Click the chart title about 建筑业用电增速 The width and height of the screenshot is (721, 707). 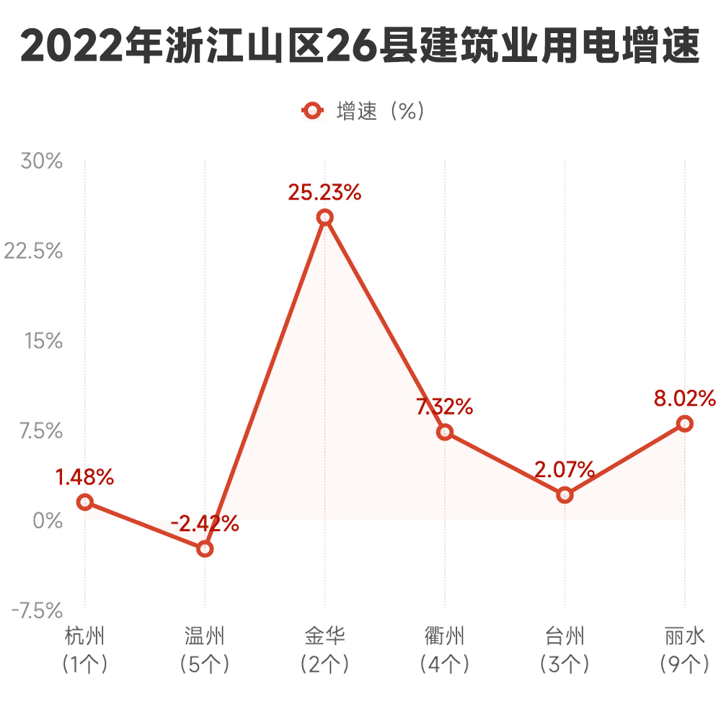click(360, 47)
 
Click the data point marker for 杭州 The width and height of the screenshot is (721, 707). click(85, 502)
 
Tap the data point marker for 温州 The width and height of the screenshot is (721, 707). click(205, 548)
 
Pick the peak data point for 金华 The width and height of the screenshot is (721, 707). click(325, 217)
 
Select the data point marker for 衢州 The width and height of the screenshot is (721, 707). click(445, 432)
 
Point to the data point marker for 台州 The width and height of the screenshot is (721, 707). click(565, 495)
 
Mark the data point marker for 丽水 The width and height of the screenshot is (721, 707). click(685, 424)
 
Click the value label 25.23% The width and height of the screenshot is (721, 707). click(324, 192)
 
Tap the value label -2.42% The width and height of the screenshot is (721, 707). click(204, 524)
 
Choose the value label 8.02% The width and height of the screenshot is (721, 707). click(684, 399)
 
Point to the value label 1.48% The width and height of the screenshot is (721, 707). click(85, 476)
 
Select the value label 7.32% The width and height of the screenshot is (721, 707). click(445, 407)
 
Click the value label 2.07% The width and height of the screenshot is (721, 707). click(565, 471)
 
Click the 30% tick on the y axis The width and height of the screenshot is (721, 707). click(42, 161)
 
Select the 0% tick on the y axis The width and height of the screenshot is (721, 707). click(48, 520)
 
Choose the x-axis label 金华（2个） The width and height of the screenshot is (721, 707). click(324, 649)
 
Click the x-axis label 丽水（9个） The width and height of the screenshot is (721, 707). click(685, 649)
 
